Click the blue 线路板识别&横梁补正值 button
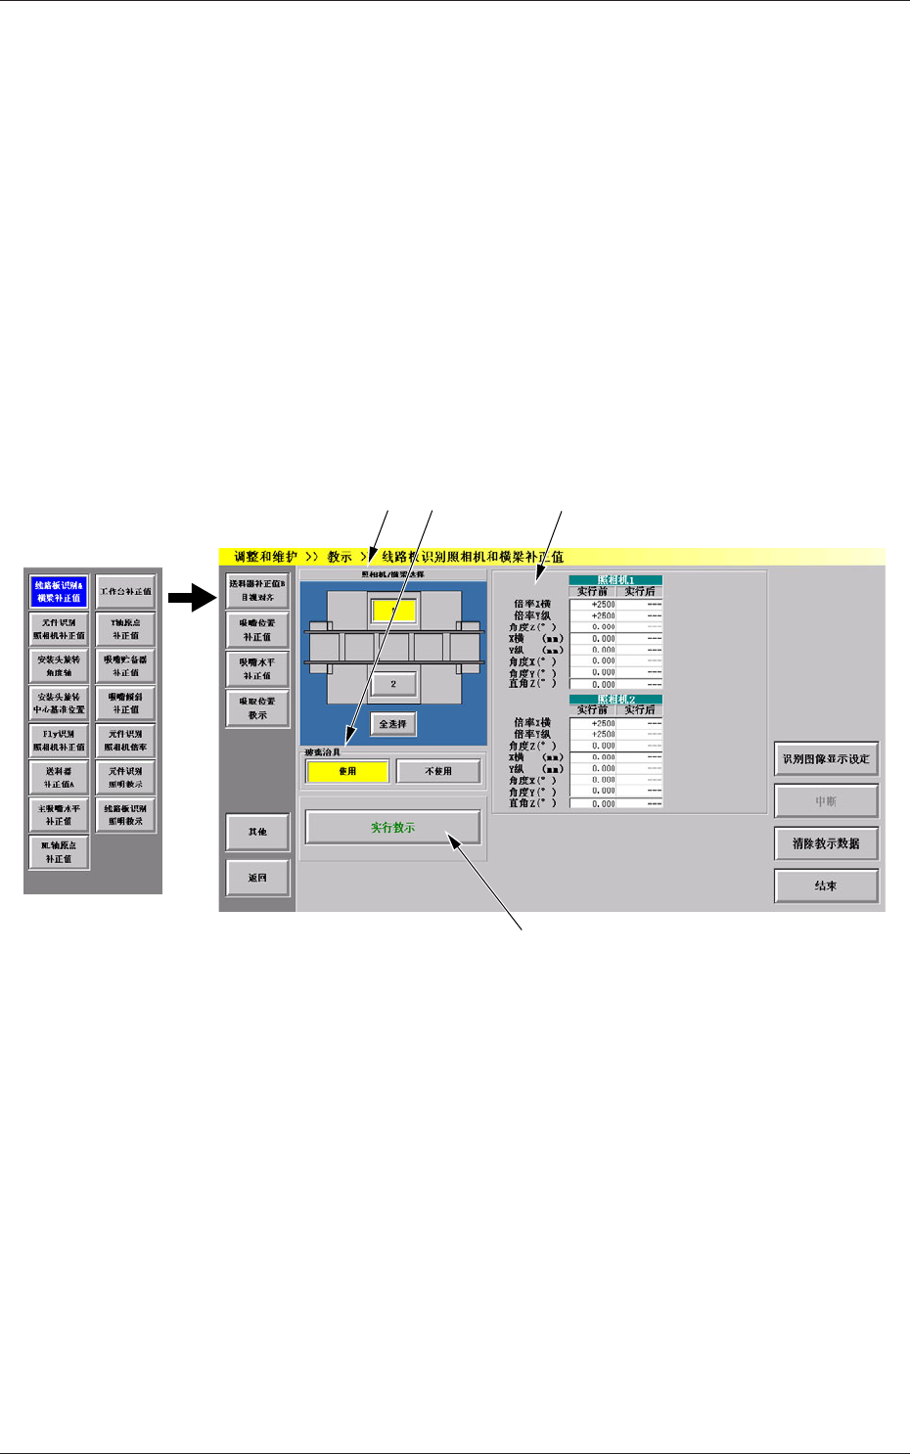pyautogui.click(x=59, y=591)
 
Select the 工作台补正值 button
pyautogui.click(x=125, y=591)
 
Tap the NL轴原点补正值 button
pyautogui.click(x=59, y=851)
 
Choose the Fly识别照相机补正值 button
pyautogui.click(x=59, y=740)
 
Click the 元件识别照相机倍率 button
pyautogui.click(x=125, y=740)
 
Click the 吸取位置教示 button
pyautogui.click(x=257, y=707)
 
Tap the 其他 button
pyautogui.click(x=257, y=832)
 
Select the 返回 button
pyautogui.click(x=257, y=878)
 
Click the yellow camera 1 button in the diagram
pyautogui.click(x=393, y=611)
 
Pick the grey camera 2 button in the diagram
pyautogui.click(x=393, y=684)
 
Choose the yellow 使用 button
pyautogui.click(x=347, y=771)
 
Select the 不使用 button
pyautogui.click(x=438, y=771)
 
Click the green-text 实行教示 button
pyautogui.click(x=392, y=828)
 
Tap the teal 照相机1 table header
pyautogui.click(x=615, y=580)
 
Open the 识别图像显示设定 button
pyautogui.click(x=826, y=758)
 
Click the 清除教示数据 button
pyautogui.click(x=826, y=843)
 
